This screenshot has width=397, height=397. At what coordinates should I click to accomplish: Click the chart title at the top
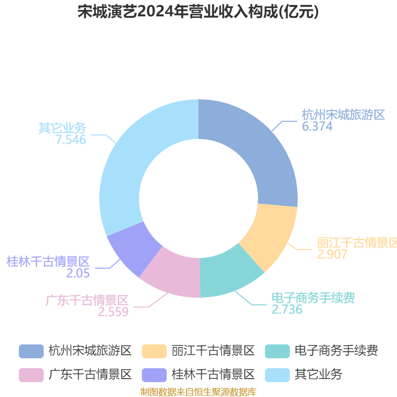pyautogui.click(x=198, y=11)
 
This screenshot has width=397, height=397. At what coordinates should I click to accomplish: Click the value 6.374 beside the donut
pyautogui.click(x=317, y=126)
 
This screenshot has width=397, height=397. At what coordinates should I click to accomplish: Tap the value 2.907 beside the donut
pyautogui.click(x=332, y=254)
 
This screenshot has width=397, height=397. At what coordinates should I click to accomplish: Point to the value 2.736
pyautogui.click(x=287, y=309)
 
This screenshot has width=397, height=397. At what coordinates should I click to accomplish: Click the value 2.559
pyautogui.click(x=113, y=312)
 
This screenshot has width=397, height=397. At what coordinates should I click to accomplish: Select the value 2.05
pyautogui.click(x=78, y=273)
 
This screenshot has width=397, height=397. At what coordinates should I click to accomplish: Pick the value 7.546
pyautogui.click(x=71, y=139)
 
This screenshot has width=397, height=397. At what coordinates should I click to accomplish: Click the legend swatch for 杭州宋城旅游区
pyautogui.click(x=31, y=351)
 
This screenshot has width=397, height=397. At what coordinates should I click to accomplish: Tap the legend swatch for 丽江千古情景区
pyautogui.click(x=154, y=351)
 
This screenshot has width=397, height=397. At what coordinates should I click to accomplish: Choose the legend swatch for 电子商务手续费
pyautogui.click(x=277, y=351)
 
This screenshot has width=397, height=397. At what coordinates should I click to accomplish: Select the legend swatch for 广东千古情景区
pyautogui.click(x=31, y=375)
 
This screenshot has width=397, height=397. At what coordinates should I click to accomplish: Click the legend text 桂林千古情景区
pyautogui.click(x=213, y=375)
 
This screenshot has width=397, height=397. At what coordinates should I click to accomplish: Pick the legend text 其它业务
pyautogui.click(x=319, y=375)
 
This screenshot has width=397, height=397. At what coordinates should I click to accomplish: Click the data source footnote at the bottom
pyautogui.click(x=198, y=392)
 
